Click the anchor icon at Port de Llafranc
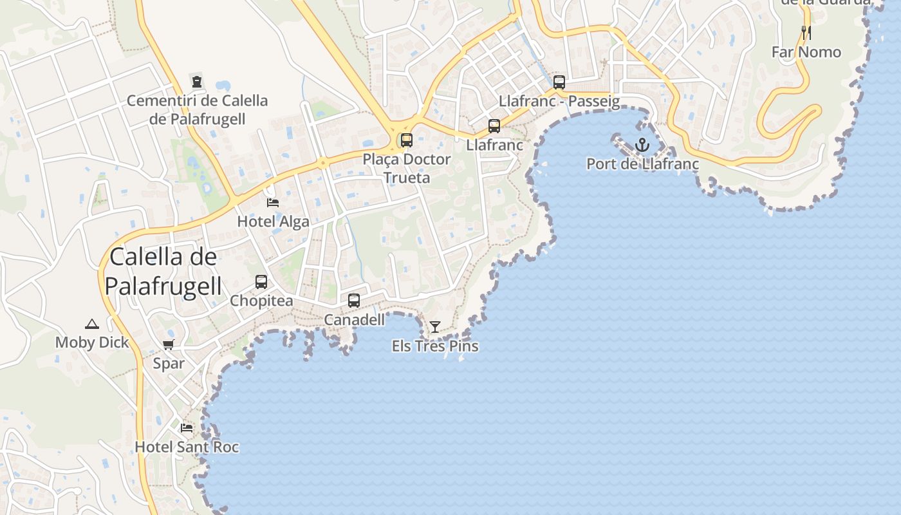coord(642,145)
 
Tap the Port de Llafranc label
coord(642,164)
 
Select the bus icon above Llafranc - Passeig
coord(559,82)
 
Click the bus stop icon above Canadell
coord(354,300)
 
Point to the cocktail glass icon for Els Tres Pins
coord(435,327)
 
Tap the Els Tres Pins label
coord(435,346)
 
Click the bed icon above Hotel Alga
coord(273,202)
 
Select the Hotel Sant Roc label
coord(187,447)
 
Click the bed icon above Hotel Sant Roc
coord(187,427)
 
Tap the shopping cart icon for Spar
coord(169,344)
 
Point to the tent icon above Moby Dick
coord(92,324)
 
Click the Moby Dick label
coord(92,342)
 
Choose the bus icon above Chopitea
coord(261,281)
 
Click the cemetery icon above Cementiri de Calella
coord(197,82)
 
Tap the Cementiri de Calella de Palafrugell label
coord(197,109)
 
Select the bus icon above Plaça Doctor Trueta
coord(407,140)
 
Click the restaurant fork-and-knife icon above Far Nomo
coord(806,32)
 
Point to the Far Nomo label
coord(806,52)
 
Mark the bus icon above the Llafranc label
coord(494,126)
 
